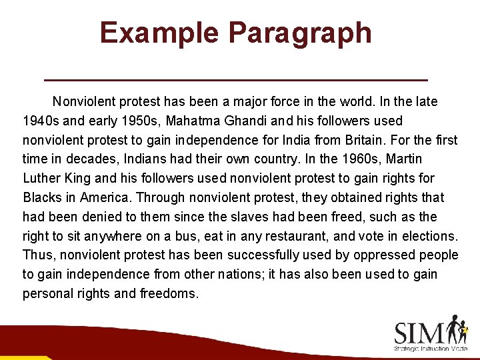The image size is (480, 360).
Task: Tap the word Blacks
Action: (x=41, y=197)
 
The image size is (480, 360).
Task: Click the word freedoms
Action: (x=169, y=293)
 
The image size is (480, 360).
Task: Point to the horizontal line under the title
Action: (x=235, y=79)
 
